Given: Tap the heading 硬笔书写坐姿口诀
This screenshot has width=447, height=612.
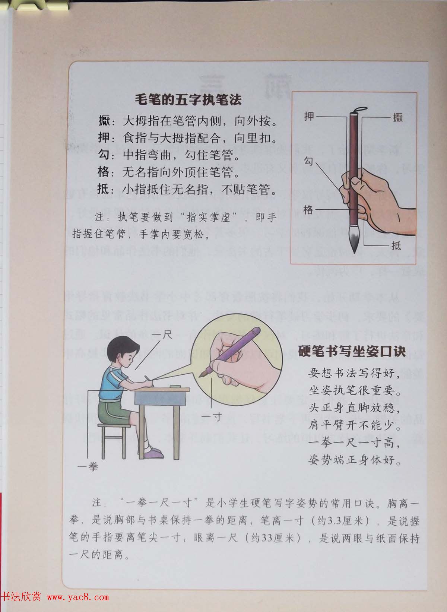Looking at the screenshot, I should (352, 351).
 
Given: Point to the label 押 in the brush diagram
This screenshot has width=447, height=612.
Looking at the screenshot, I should (309, 117).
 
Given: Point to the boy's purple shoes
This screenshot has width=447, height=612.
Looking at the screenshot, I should (153, 453).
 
